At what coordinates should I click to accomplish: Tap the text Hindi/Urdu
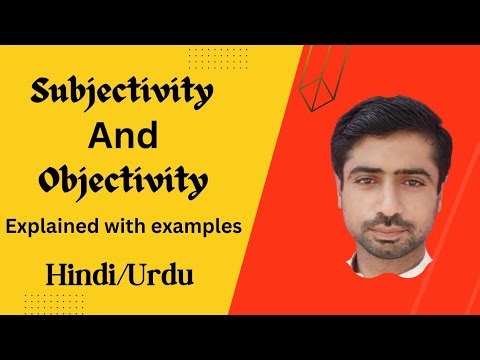(x=100, y=272)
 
